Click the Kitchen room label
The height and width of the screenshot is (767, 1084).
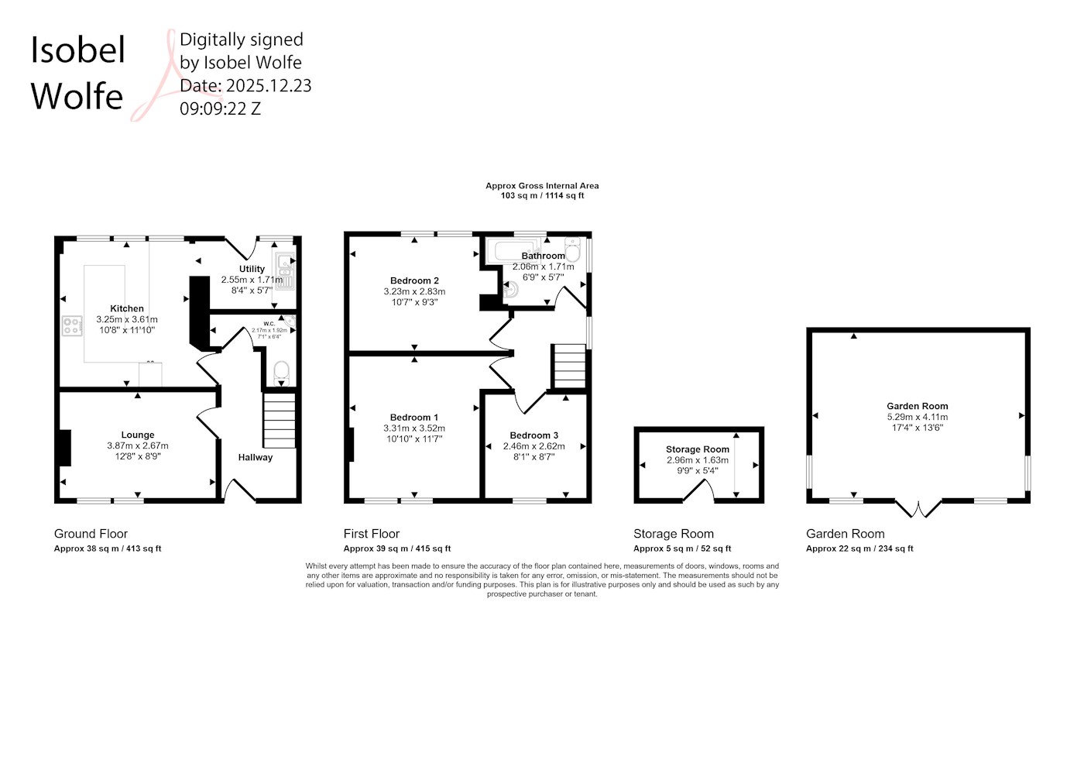[x=127, y=308]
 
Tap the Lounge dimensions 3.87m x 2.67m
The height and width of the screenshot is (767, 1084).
[x=138, y=445]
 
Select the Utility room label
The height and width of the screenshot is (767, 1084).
[x=252, y=269]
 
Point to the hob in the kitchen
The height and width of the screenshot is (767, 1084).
[x=72, y=325]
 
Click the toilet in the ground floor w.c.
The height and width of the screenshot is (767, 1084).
[x=281, y=373]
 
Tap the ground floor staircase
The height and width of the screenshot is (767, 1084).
[x=280, y=420]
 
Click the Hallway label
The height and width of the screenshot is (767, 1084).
[x=256, y=458]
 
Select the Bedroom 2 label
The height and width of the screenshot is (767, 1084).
[x=414, y=280]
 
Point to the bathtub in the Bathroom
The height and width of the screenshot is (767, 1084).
[x=513, y=251]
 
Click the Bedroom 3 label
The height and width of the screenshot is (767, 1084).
[x=533, y=435]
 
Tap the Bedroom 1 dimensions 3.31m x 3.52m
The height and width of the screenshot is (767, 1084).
[x=414, y=428]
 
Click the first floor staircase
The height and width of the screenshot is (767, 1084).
[x=570, y=366]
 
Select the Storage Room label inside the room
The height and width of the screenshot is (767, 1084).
[x=698, y=449]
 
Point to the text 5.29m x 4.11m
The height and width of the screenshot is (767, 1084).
[x=918, y=417]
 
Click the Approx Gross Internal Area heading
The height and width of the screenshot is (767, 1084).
[x=542, y=186]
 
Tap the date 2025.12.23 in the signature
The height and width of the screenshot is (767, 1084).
[x=269, y=86]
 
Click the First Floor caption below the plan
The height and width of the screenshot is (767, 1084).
[x=372, y=534]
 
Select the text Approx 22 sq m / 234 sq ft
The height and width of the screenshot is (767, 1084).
[x=859, y=549]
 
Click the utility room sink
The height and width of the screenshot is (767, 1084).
[x=285, y=270]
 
